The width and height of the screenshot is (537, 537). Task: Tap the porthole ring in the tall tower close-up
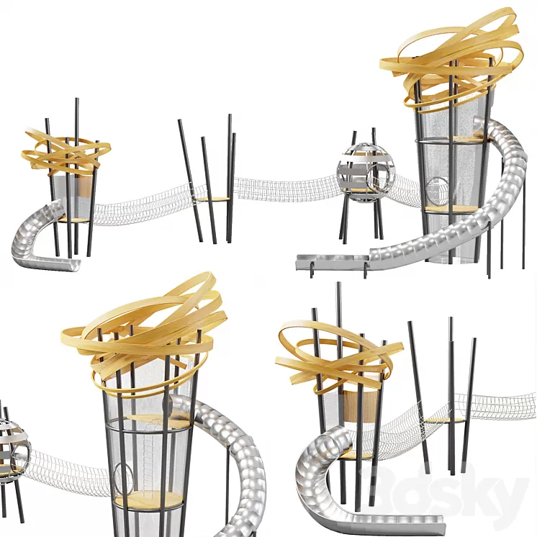tap(122, 479)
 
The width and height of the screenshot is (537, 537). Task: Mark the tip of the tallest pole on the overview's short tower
tap(77, 101)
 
